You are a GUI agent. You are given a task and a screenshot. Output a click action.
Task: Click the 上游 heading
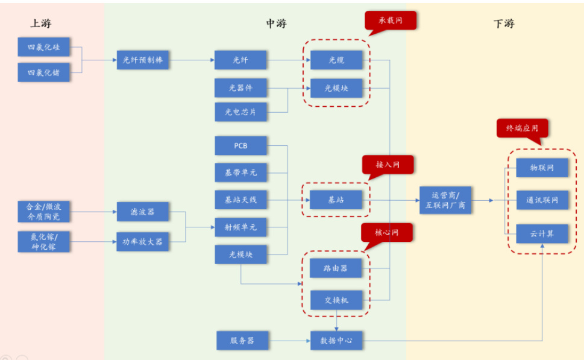click(x=41, y=24)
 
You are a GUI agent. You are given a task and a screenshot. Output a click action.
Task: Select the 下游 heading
click(x=503, y=24)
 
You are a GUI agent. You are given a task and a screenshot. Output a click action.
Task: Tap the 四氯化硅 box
click(x=43, y=47)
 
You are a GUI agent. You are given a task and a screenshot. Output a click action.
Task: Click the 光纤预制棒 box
click(x=143, y=60)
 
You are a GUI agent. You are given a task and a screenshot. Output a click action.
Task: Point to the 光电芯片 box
click(x=240, y=112)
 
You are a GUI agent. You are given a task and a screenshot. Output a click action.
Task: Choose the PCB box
click(x=240, y=146)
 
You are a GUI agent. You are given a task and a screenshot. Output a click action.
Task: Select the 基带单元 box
click(x=240, y=172)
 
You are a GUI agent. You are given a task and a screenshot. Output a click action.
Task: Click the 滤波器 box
click(x=143, y=212)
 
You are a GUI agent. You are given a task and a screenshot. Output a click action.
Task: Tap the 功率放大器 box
click(x=143, y=242)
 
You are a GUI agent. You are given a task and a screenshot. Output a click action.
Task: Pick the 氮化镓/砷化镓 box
click(x=43, y=242)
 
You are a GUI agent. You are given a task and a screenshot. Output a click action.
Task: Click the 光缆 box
click(x=336, y=60)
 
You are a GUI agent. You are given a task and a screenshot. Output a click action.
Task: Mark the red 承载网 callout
click(x=390, y=21)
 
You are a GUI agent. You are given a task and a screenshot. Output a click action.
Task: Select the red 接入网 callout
click(x=388, y=165)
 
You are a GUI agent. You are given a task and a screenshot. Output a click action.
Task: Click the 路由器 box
click(x=336, y=268)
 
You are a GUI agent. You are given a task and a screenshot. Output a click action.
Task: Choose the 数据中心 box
click(x=336, y=341)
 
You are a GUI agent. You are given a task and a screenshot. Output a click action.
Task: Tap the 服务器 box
click(x=242, y=341)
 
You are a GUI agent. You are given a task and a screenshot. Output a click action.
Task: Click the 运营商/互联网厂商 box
click(x=446, y=200)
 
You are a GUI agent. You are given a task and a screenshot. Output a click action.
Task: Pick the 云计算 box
click(x=542, y=233)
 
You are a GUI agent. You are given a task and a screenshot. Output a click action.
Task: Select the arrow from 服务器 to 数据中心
click(x=289, y=341)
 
